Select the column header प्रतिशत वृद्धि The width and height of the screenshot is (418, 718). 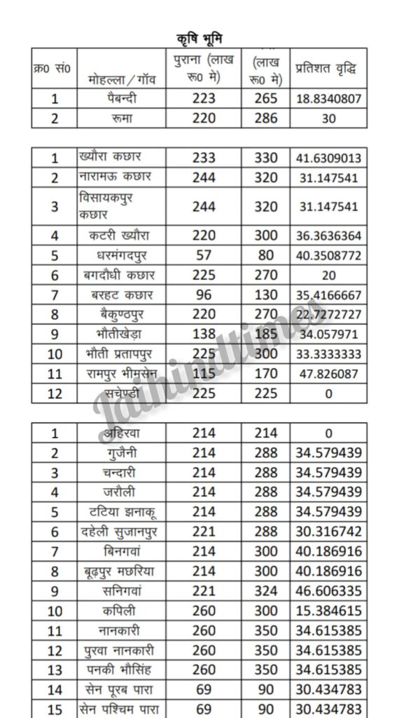pos(328,69)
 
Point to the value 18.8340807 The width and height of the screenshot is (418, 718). pos(328,99)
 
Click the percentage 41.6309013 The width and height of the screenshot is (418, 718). pos(328,158)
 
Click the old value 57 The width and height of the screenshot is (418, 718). pos(203,256)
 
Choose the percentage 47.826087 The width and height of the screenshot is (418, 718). pos(328,374)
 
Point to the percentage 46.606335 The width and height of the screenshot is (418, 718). pos(328,590)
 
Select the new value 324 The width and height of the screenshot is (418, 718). pos(265,590)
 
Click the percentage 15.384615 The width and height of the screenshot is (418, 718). pos(328,610)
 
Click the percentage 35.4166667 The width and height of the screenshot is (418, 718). pos(328,295)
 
